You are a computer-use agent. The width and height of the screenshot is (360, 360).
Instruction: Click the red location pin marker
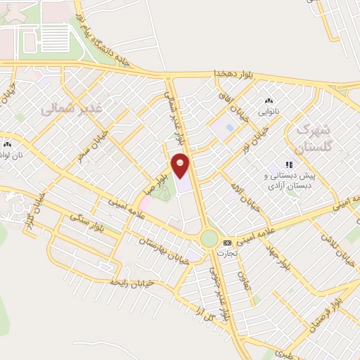click(x=181, y=165)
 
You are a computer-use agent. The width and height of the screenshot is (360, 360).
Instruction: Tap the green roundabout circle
click(x=209, y=238)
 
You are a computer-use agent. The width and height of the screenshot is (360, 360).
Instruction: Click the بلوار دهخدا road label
click(x=232, y=74)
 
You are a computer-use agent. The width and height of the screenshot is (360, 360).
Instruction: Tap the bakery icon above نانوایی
click(x=268, y=101)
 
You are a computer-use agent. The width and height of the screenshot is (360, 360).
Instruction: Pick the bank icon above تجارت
click(x=227, y=242)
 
